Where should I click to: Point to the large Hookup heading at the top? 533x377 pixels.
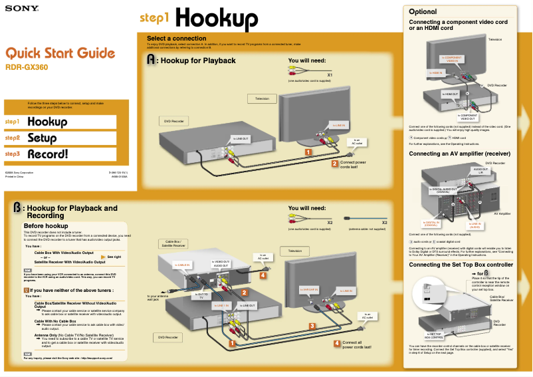tap(217, 19)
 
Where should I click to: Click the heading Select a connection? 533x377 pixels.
tap(176, 39)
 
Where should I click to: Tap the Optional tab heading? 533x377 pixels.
tap(423, 12)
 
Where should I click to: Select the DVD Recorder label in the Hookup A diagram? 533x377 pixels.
tap(174, 121)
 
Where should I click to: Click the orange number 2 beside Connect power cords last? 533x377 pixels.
tap(335, 163)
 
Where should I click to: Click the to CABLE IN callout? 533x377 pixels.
tap(183, 265)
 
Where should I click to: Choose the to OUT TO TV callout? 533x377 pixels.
tap(201, 295)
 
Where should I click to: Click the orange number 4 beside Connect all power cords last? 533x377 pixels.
tap(336, 343)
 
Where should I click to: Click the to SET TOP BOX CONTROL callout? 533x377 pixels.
tap(433, 335)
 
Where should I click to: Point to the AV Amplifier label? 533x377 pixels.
tap(502, 213)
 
